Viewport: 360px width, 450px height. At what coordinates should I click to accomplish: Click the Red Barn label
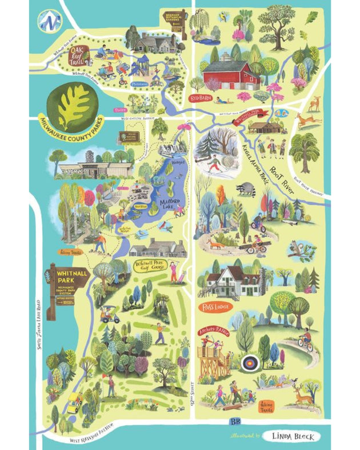(x=201, y=98)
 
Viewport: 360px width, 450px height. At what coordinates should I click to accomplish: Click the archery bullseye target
(x=250, y=362)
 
